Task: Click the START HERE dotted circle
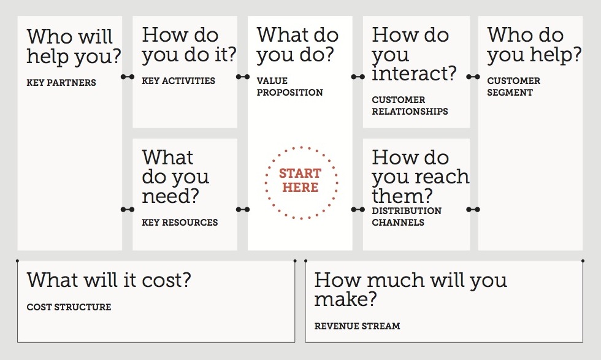pos(300,182)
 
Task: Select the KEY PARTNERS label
pos(61,83)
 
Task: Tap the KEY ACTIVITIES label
pos(178,80)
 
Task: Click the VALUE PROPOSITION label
pos(289,86)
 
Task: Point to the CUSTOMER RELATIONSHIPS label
pos(410,105)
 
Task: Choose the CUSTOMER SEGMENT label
pos(514,86)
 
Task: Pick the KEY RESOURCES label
pos(180,223)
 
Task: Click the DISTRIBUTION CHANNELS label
pos(407,216)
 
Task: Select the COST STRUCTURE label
pos(69,307)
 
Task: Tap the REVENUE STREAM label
pos(357,326)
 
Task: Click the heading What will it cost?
pos(109,281)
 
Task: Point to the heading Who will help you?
pos(74,46)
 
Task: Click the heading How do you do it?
pos(189,45)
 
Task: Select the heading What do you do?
pos(298,45)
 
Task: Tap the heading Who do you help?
pos(534,45)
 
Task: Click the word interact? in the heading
pos(414,74)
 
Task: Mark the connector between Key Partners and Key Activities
pos(128,77)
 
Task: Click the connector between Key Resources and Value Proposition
pos(242,210)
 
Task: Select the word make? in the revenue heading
pos(345,300)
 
